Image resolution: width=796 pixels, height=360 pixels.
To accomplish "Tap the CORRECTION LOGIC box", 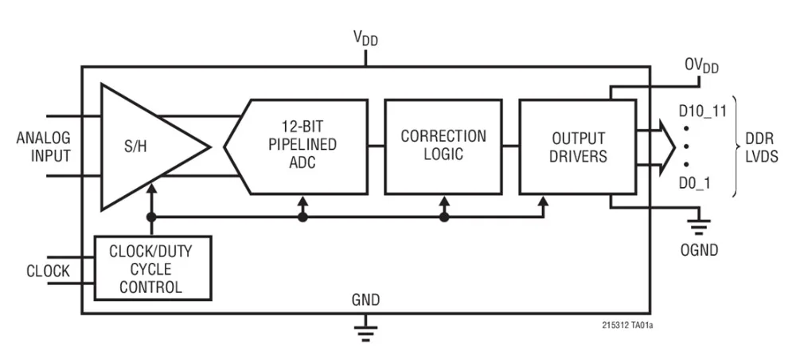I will (x=443, y=146).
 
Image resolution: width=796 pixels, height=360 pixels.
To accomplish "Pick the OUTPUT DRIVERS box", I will (x=577, y=146).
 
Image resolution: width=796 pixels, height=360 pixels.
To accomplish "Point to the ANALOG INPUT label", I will (x=44, y=146).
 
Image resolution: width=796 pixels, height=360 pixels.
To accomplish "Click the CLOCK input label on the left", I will (x=48, y=272).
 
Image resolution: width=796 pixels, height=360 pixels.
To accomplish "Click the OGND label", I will (x=700, y=250).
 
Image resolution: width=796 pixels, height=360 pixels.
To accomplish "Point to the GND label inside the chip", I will (x=365, y=300).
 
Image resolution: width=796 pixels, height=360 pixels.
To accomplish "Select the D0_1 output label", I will (x=695, y=184).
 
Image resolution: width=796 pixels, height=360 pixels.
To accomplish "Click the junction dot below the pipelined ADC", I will (x=302, y=217).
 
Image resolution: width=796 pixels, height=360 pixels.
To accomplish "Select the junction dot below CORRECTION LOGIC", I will (x=444, y=217).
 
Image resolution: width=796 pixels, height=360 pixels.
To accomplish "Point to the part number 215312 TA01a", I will (x=633, y=325).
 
